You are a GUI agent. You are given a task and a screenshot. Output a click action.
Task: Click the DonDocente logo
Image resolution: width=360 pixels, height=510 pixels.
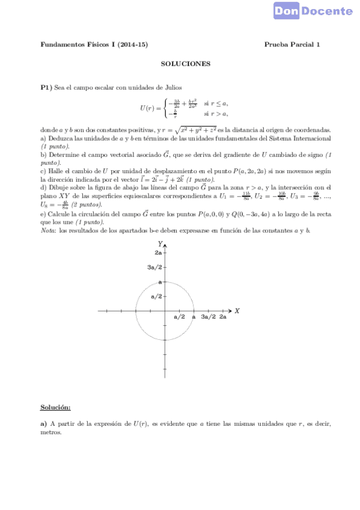[313, 10]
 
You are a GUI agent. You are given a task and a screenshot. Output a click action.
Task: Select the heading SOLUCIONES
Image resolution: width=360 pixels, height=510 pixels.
[186, 63]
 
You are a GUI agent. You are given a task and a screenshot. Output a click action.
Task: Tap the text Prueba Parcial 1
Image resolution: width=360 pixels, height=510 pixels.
[292, 45]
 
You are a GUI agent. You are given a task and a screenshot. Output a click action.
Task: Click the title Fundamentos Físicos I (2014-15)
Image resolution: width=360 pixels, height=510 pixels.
[94, 45]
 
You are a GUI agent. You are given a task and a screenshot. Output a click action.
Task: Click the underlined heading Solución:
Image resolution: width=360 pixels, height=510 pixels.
[55, 407]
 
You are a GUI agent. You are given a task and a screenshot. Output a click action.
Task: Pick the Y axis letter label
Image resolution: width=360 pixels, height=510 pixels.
[160, 244]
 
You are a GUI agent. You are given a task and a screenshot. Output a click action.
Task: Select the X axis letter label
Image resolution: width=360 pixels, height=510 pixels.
[237, 310]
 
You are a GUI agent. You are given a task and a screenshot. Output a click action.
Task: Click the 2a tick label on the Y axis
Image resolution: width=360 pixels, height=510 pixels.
[158, 253]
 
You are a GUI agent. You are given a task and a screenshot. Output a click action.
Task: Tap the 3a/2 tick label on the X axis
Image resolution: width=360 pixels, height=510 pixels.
[208, 317]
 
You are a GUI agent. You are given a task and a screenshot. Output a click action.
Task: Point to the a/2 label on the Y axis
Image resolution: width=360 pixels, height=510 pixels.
[156, 296]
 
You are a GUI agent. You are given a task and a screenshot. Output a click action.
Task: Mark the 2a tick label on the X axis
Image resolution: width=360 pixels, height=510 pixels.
[223, 317]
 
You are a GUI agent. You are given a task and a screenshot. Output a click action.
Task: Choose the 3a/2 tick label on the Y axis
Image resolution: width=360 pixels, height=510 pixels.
[156, 268]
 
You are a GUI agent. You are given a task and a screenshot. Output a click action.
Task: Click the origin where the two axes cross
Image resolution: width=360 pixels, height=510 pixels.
[165, 311]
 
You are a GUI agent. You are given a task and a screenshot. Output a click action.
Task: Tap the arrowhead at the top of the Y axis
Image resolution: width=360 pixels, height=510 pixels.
[165, 245]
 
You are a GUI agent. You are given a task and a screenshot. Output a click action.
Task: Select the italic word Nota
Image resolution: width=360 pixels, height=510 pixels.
[47, 231]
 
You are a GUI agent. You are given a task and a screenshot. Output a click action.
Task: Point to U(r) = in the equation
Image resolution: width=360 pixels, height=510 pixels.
[150, 108]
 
